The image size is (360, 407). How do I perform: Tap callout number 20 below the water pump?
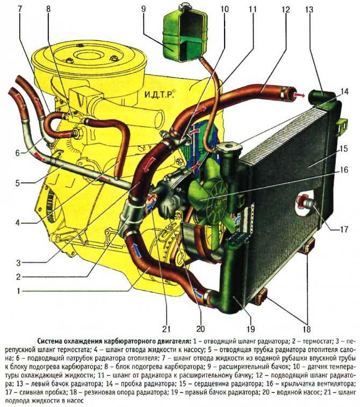point(201,329)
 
